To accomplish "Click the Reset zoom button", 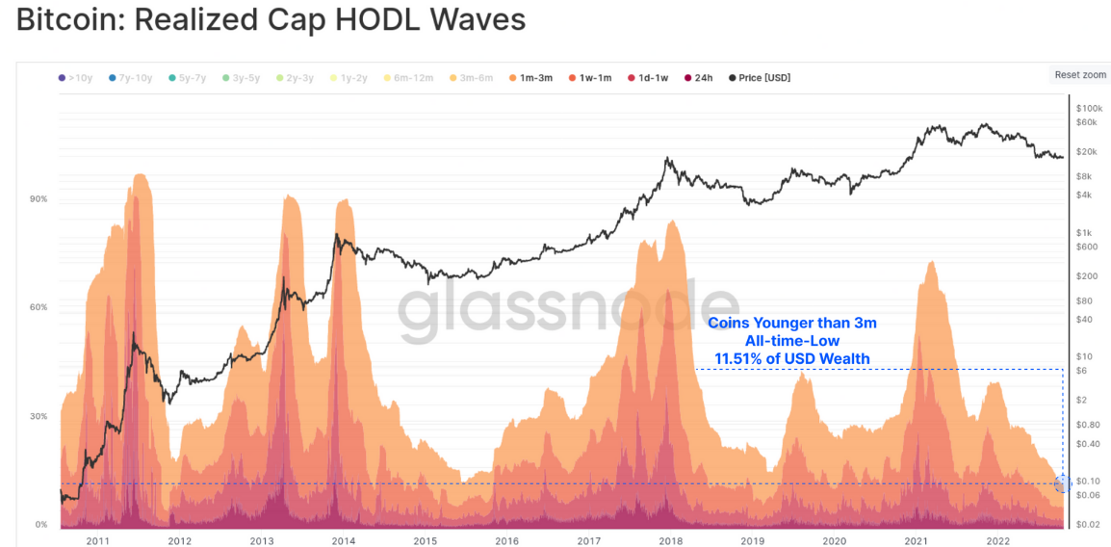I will pos(1080,74).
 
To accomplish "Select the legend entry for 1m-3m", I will pos(530,77).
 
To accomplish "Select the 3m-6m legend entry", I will pos(474,77).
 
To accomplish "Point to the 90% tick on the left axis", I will pos(40,199).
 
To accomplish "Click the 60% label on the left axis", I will pos(40,307).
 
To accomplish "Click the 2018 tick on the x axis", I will pos(671,541).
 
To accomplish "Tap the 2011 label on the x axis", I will pos(97,541).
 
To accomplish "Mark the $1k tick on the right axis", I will pos(1085,232).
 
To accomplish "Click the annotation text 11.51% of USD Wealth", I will pos(791,359).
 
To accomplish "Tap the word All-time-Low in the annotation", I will pos(791,341).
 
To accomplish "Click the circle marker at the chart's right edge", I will pos(1063,483).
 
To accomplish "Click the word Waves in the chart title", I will pos(478,20).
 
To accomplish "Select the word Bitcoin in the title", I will pos(68,20).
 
